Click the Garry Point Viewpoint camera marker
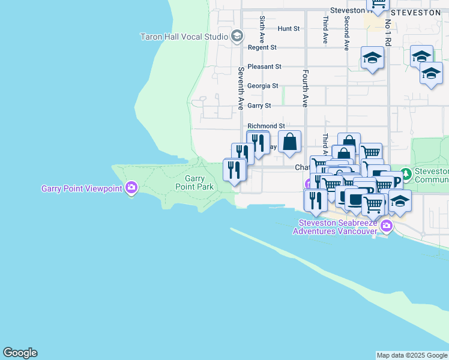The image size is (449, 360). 131,188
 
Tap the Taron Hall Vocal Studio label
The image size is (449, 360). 184,37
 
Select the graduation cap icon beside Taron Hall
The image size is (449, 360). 237,37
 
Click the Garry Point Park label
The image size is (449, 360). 194,182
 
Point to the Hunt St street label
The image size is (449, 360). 288,28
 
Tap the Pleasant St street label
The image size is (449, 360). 264,67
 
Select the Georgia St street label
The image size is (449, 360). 262,86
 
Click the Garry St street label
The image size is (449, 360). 259,106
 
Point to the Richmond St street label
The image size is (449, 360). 266,126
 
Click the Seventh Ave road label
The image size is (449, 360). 240,88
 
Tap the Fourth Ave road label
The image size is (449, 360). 306,88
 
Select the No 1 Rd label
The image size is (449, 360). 388,34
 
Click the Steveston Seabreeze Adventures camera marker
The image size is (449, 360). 386,226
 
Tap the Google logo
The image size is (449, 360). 20,353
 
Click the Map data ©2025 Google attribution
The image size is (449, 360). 412,355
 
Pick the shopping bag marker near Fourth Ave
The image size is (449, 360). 289,142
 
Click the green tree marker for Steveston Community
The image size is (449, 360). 406,175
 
